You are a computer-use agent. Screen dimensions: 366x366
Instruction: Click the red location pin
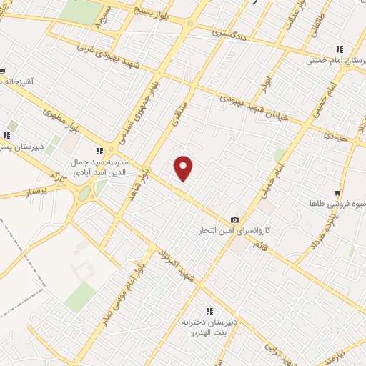pyautogui.click(x=184, y=169)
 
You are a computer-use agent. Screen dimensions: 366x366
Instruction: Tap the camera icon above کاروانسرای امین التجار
pyautogui.click(x=234, y=219)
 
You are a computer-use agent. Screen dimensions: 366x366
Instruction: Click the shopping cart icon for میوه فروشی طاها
pyautogui.click(x=337, y=193)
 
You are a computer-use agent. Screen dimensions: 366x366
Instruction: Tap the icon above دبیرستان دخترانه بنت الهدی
pyautogui.click(x=209, y=311)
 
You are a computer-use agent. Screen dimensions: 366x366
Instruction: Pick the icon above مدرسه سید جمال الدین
pyautogui.click(x=100, y=151)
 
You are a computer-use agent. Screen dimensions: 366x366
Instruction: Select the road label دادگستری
pyautogui.click(x=229, y=34)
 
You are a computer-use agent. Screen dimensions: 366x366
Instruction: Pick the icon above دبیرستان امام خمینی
pyautogui.click(x=340, y=49)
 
